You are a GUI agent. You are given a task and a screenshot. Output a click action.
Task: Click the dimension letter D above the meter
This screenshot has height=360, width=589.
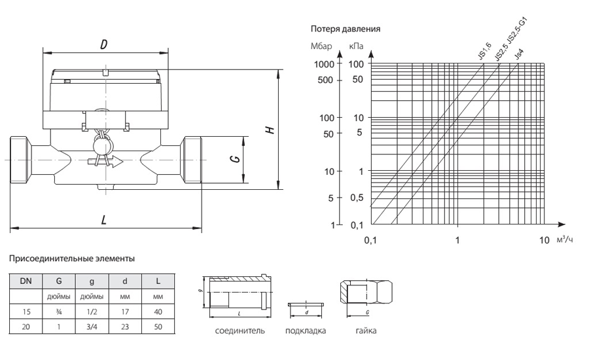(x=103, y=45)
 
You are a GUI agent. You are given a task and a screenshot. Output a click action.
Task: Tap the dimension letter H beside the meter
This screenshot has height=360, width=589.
(x=269, y=130)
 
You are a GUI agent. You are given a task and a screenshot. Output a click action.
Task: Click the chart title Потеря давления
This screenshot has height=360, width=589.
(x=346, y=29)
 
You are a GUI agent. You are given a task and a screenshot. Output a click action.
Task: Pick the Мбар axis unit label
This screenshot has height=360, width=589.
(x=322, y=47)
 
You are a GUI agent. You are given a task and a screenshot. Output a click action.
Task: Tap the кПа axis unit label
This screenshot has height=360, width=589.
(x=357, y=47)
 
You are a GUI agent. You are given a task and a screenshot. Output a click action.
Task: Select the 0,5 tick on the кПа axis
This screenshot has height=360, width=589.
(x=357, y=197)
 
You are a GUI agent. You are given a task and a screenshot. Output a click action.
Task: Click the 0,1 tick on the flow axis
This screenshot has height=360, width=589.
(x=370, y=240)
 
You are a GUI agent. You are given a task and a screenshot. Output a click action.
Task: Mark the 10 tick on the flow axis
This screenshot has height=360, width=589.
(x=544, y=240)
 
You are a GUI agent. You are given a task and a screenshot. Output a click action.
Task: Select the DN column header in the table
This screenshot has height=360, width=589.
(x=25, y=281)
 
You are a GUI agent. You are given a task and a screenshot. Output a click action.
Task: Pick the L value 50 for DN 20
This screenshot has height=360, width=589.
(x=157, y=325)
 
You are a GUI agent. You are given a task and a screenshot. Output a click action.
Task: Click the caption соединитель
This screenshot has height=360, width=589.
(x=240, y=331)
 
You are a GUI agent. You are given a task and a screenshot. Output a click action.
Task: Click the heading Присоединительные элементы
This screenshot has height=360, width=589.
(x=72, y=259)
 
